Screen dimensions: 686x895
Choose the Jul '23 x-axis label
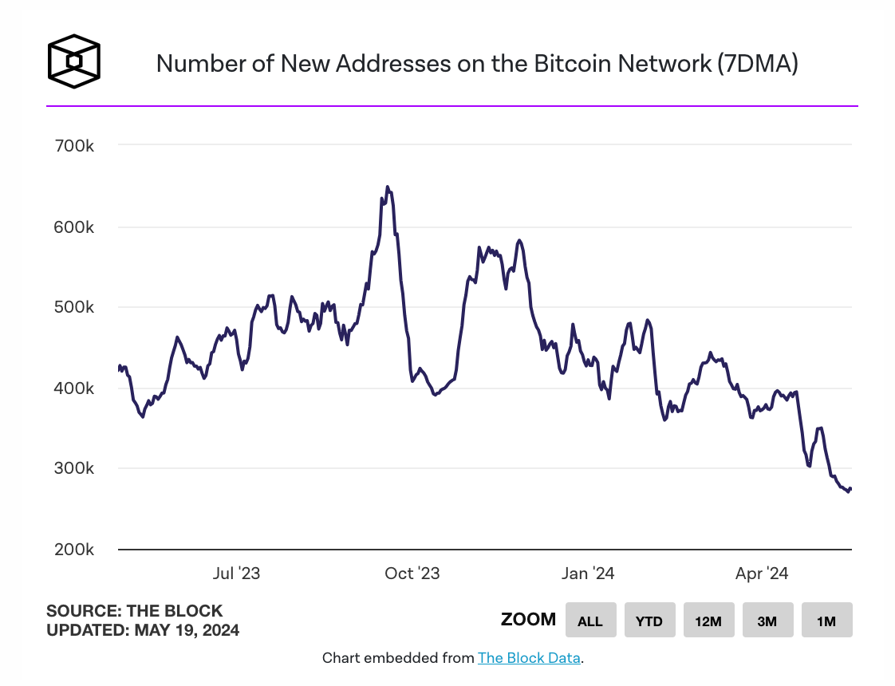(237, 574)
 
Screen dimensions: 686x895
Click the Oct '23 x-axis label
(412, 574)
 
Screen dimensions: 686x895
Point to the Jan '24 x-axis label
(587, 574)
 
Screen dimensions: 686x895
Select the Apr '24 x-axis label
(762, 574)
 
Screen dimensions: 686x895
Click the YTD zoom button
(649, 621)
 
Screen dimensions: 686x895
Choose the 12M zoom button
(708, 621)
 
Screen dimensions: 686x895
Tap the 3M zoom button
(767, 621)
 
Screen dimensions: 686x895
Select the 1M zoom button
(826, 621)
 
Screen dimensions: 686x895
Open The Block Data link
(529, 658)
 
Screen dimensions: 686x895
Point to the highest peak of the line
(387, 187)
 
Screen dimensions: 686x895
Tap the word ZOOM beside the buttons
(528, 620)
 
